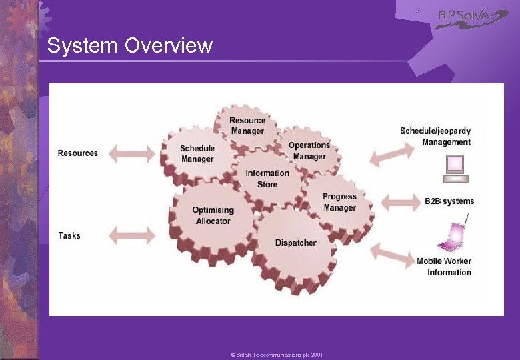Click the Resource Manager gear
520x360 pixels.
tap(247, 125)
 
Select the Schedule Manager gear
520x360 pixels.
tap(197, 153)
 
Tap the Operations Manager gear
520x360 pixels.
tap(309, 151)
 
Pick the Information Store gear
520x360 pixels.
tap(267, 178)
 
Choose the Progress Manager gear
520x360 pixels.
tap(339, 202)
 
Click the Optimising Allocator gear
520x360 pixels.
tap(213, 215)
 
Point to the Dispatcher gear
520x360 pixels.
tap(295, 243)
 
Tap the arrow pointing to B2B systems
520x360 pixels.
tap(395, 201)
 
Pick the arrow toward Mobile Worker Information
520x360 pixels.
tap(392, 255)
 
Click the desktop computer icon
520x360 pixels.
tap(456, 168)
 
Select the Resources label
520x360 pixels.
tap(78, 153)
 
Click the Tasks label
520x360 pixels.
tap(69, 235)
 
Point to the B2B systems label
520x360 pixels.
tap(449, 201)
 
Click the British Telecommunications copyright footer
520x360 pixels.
tap(276, 355)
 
